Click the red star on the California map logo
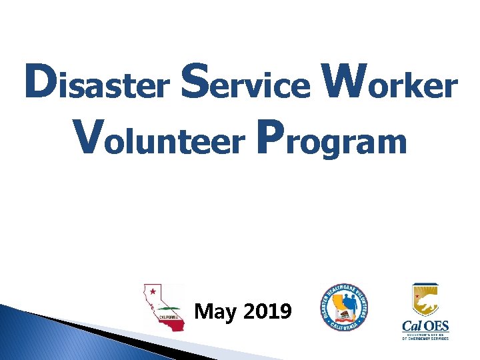pyautogui.click(x=153, y=291)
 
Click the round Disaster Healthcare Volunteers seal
pyautogui.click(x=345, y=307)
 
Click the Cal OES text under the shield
pyautogui.click(x=425, y=327)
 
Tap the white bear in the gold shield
pyautogui.click(x=425, y=303)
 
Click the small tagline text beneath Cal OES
pyautogui.click(x=425, y=337)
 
